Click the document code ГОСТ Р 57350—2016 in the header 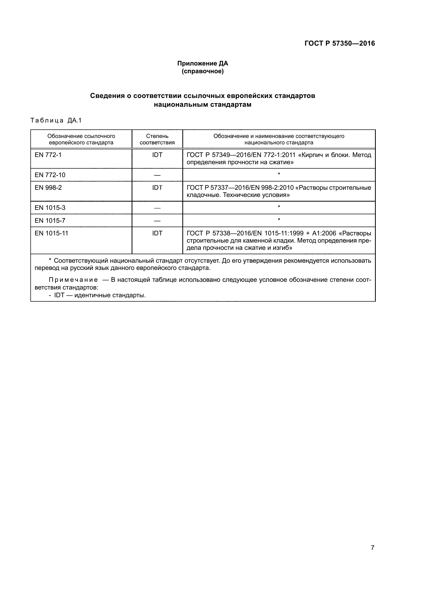tap(339, 43)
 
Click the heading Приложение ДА tap(202, 63)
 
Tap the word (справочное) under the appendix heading tap(202, 71)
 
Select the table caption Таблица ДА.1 tap(56, 121)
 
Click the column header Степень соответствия tap(157, 139)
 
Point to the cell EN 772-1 tap(48, 155)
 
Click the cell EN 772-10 tap(50, 175)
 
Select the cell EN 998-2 tap(48, 188)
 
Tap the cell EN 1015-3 tap(50, 208)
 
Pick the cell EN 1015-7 tap(50, 221)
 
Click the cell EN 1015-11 tap(52, 233)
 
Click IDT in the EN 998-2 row tap(157, 188)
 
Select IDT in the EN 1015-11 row tap(157, 233)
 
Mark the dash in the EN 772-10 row tap(157, 175)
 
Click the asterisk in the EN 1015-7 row tap(279, 220)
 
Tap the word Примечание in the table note tap(73, 280)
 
